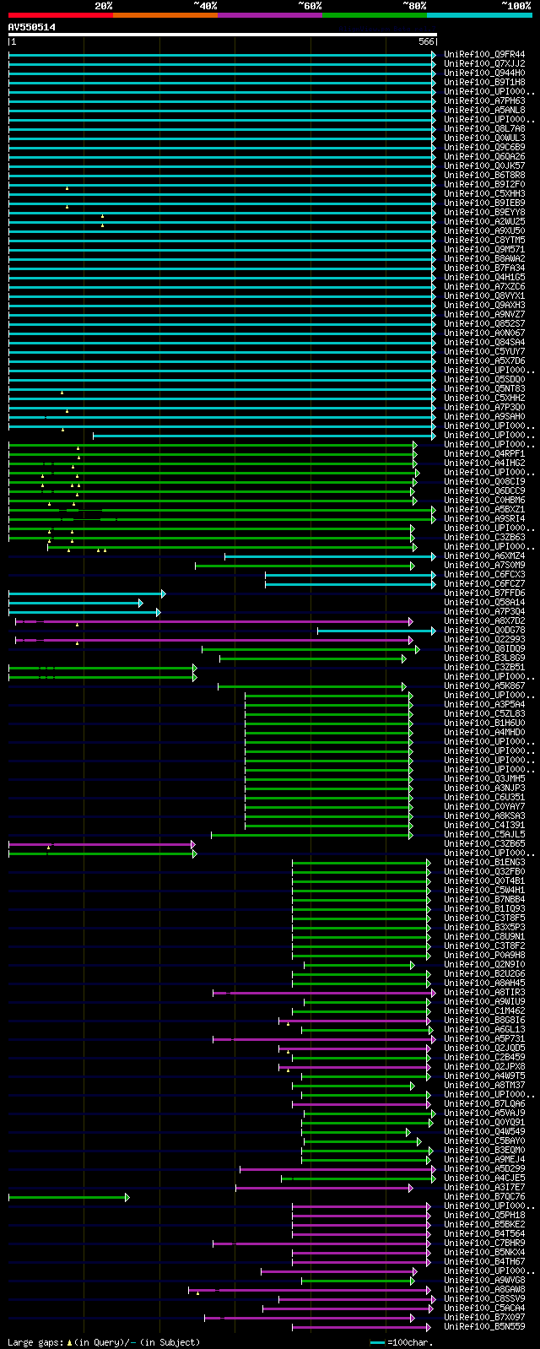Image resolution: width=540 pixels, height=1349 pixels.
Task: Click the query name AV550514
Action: [x=32, y=27]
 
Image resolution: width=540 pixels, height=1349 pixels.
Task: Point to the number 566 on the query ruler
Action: [x=426, y=41]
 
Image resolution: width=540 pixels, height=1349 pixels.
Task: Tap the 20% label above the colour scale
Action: [x=103, y=6]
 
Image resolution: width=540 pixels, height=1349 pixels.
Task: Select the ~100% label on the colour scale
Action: [x=516, y=6]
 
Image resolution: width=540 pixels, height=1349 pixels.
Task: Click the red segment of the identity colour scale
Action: [x=60, y=15]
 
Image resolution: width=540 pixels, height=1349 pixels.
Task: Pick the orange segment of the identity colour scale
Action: [x=165, y=15]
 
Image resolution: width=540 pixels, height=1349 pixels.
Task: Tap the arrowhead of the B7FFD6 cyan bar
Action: [x=163, y=593]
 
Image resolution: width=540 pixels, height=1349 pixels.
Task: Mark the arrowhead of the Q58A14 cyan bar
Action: [x=141, y=603]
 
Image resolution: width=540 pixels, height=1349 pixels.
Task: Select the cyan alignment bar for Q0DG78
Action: [x=375, y=631]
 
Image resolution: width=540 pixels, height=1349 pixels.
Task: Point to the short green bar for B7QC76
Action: [x=67, y=1197]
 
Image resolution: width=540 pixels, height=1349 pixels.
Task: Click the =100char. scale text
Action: [x=409, y=1342]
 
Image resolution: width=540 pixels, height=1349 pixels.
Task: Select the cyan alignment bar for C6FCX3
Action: [x=349, y=575]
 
